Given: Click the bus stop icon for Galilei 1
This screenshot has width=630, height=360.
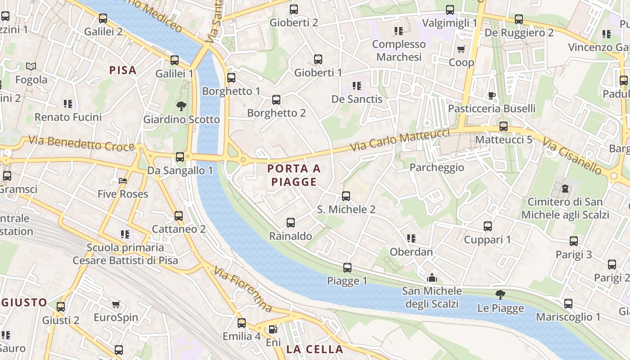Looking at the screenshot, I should (175, 60).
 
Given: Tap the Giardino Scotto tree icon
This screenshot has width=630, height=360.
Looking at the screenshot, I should (181, 106).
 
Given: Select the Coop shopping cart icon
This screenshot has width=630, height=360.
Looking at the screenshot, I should (461, 49).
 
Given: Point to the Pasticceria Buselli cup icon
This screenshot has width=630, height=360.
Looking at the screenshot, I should (492, 95).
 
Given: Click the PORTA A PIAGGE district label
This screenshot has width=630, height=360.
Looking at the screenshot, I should (294, 175).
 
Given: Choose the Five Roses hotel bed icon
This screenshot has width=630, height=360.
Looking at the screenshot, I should (123, 181).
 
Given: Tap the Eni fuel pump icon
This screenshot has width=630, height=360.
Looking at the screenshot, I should (273, 329).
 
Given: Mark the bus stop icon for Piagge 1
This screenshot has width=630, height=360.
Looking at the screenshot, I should (347, 268).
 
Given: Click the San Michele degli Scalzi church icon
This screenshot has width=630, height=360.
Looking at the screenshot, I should (432, 278).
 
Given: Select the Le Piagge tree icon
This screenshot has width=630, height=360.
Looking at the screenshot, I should (500, 295).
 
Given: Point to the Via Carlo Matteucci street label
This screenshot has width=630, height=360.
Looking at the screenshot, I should (400, 140).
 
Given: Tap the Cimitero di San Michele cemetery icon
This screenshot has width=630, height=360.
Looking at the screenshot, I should (566, 188).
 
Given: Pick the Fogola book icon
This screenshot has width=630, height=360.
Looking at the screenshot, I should (31, 67).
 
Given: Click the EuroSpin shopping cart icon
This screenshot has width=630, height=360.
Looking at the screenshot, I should (116, 304).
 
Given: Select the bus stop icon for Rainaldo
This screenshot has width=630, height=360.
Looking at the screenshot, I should (291, 222).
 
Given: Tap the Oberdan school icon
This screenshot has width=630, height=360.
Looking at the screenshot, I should (411, 238).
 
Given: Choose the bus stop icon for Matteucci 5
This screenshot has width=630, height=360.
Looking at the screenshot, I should (504, 126).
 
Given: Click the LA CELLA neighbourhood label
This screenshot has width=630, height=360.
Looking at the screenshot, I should (315, 349).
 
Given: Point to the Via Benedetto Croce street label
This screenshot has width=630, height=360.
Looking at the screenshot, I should (81, 144).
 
